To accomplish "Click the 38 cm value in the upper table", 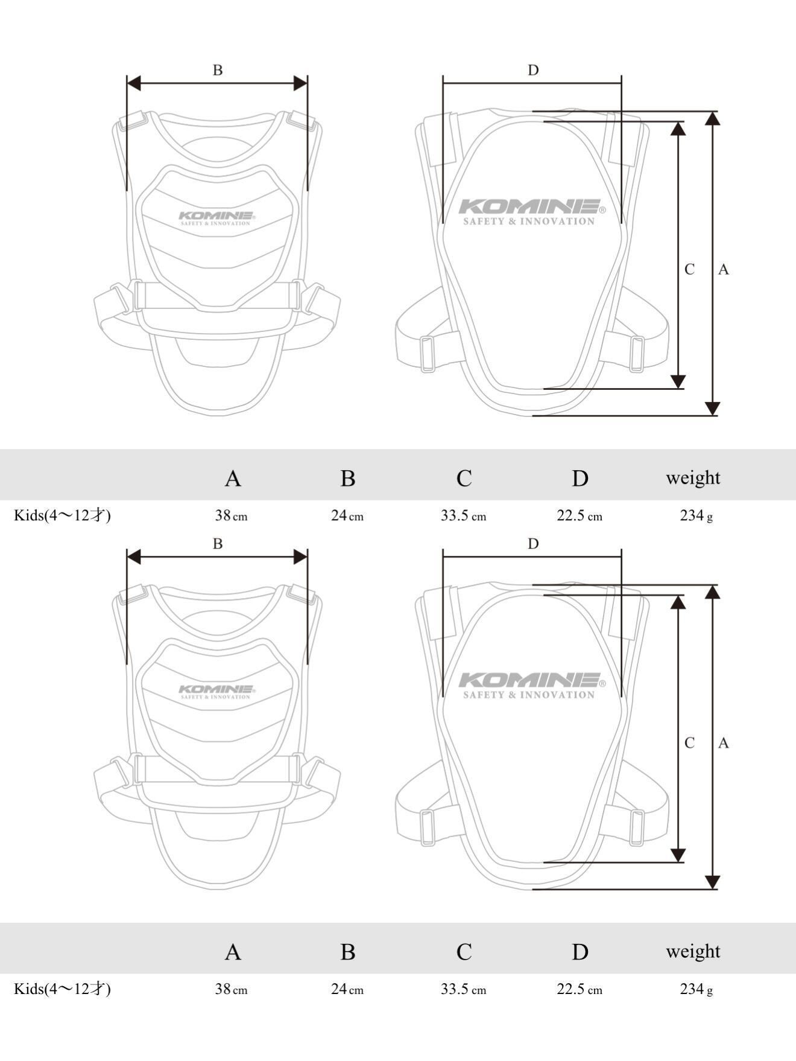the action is pos(231,515).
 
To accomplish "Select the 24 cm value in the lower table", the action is pos(347,989).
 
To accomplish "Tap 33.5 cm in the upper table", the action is pos(463,515).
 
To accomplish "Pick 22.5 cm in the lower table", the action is pos(579,989).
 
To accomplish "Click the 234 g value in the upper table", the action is pos(696,515).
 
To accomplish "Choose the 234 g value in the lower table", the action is pos(696,989).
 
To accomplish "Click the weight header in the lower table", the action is pos(693,951).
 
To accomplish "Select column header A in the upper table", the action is pos(233,478).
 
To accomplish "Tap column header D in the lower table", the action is pos(580,952).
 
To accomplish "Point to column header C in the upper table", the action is pos(464,478).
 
